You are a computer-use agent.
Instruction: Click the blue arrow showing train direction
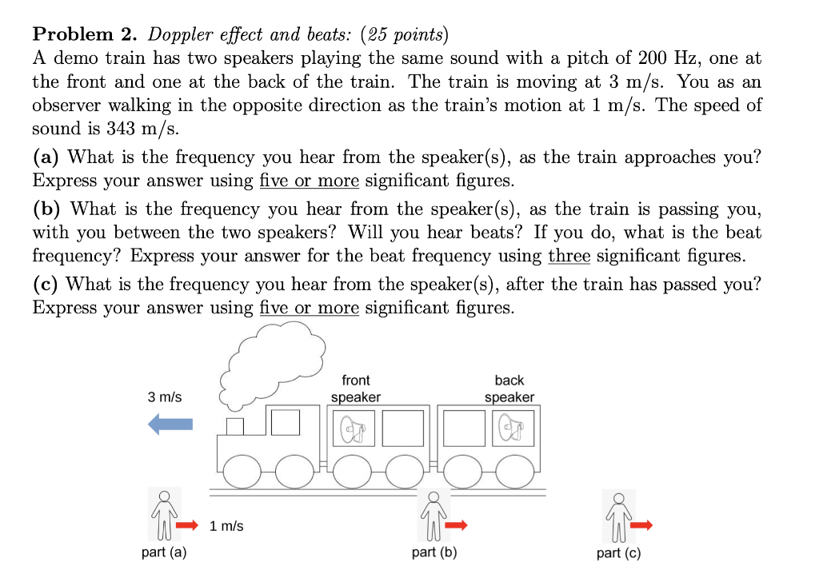[170, 425]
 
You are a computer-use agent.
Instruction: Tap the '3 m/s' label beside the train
[165, 397]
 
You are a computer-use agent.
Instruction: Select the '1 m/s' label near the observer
[226, 526]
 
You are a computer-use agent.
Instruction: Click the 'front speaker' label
[356, 389]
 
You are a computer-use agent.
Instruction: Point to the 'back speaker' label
[509, 389]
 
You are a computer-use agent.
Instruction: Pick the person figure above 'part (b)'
[433, 515]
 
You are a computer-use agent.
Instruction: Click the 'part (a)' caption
[164, 553]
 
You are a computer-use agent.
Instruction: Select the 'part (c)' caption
[619, 553]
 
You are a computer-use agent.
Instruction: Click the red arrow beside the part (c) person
[641, 525]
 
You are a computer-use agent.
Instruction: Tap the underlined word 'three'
[569, 256]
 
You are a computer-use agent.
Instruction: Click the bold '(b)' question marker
[48, 209]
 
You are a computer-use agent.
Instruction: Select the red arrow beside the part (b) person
[457, 525]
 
